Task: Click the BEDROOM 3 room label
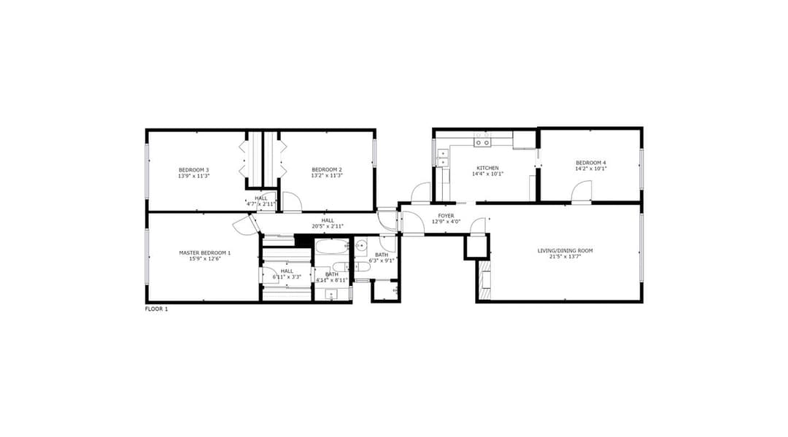pyautogui.click(x=193, y=170)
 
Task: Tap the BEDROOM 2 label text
pyautogui.click(x=327, y=170)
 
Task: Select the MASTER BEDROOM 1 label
pyautogui.click(x=205, y=252)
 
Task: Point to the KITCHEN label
pyautogui.click(x=487, y=168)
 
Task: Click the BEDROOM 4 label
pyautogui.click(x=590, y=163)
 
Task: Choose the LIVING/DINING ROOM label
pyautogui.click(x=565, y=251)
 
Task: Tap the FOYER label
pyautogui.click(x=446, y=215)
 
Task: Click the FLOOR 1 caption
pyautogui.click(x=156, y=309)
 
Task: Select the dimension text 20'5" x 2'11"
pyautogui.click(x=328, y=227)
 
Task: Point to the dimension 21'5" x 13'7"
pyautogui.click(x=565, y=257)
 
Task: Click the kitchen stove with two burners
pyautogui.click(x=482, y=143)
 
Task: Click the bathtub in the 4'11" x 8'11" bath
pyautogui.click(x=332, y=247)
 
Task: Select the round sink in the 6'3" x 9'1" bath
pyautogui.click(x=362, y=246)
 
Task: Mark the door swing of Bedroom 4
pyautogui.click(x=582, y=191)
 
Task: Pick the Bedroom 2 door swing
pyautogui.click(x=291, y=202)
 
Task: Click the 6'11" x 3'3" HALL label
pyautogui.click(x=287, y=274)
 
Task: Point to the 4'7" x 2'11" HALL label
pyautogui.click(x=260, y=201)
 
